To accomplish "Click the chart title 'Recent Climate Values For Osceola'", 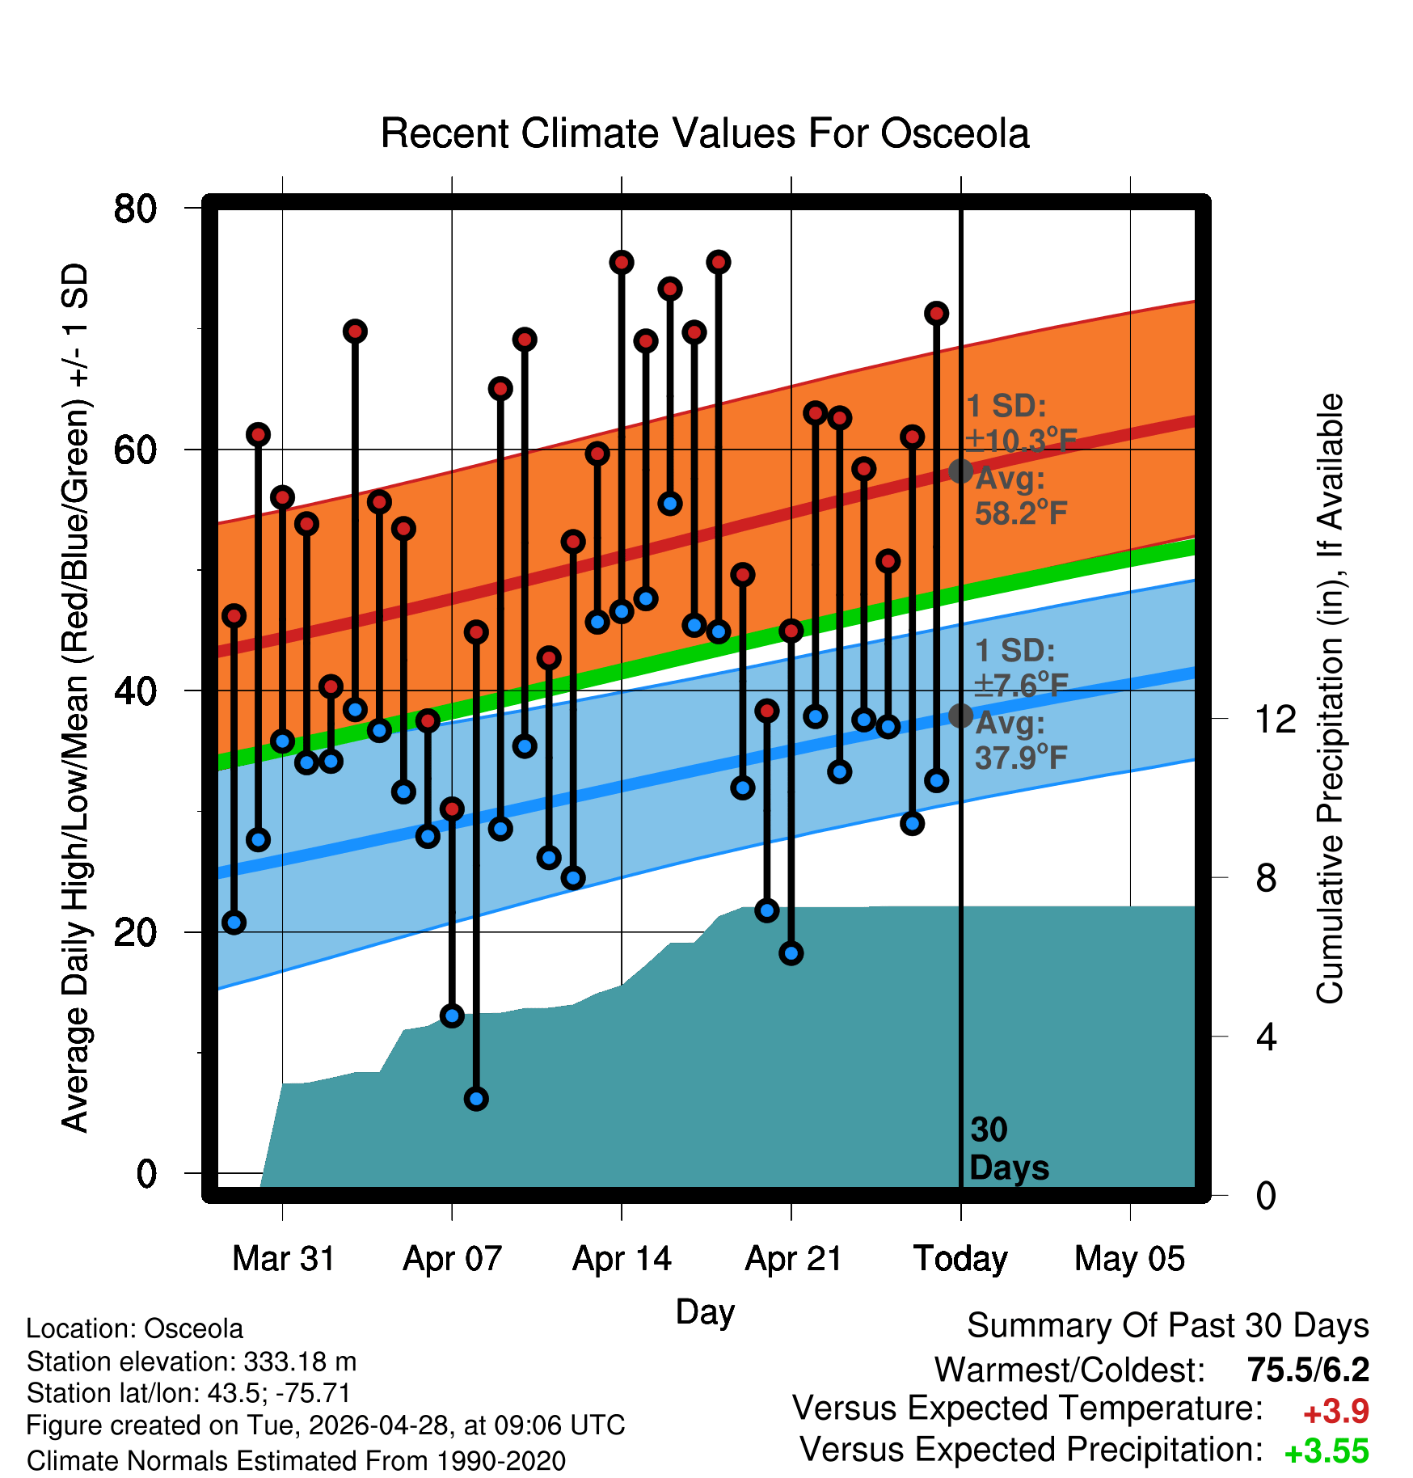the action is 705,133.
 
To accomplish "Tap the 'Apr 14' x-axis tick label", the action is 622,1259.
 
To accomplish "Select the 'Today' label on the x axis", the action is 960,1259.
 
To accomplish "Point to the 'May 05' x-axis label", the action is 1129,1259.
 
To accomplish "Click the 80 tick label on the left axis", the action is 136,209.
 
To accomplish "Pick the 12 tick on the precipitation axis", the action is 1276,718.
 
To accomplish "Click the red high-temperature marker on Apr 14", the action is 622,262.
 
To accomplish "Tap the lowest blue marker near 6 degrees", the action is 476,1099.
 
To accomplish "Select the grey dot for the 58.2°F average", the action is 960,471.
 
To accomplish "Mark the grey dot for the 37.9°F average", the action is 960,716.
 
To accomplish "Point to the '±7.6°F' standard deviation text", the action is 1021,685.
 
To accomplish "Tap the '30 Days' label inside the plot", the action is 1009,1149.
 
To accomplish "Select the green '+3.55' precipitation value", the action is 1327,1451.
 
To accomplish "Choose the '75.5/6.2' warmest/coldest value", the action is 1308,1370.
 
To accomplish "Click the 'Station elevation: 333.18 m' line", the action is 192,1362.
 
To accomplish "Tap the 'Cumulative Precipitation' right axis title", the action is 1330,699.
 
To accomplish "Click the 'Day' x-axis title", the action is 705,1311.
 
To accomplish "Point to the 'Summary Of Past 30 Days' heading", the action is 1168,1326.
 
